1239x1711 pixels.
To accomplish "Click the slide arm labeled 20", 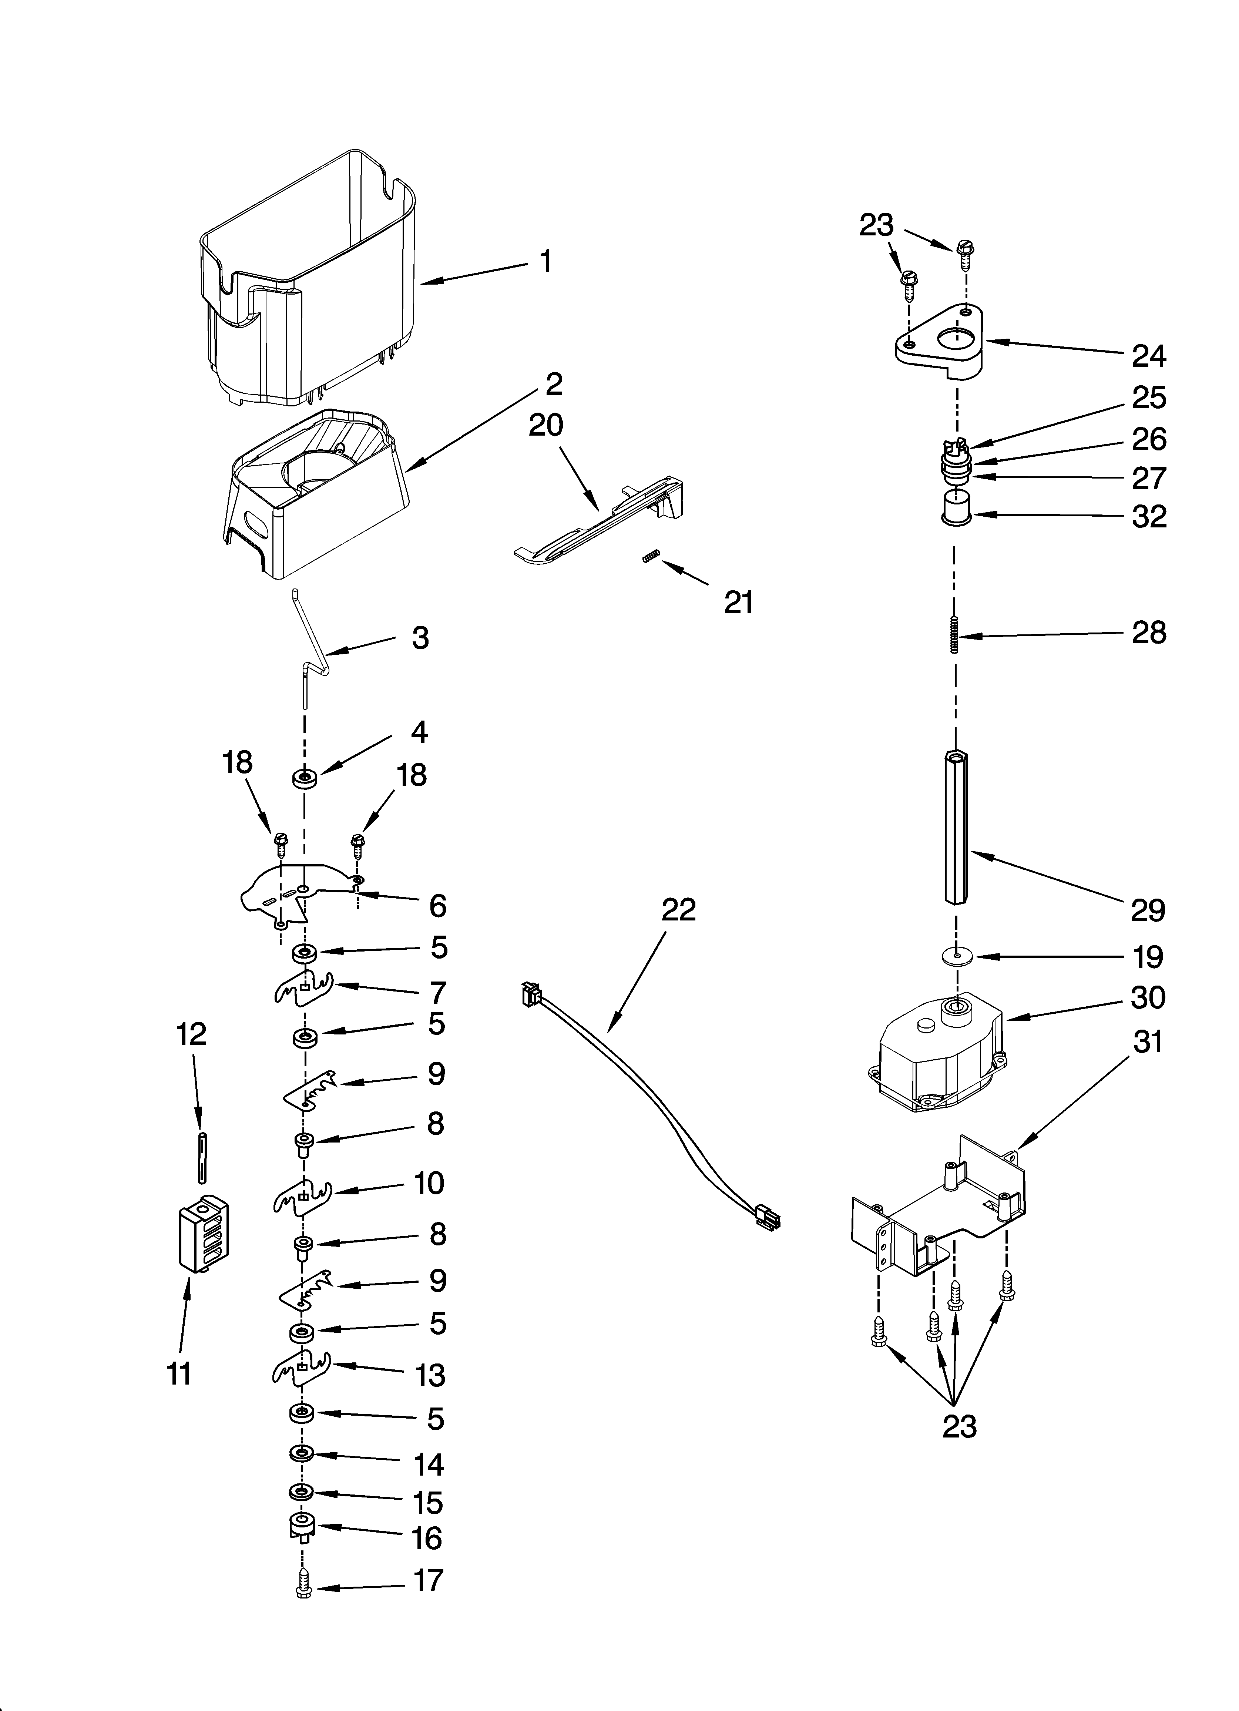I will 596,517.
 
